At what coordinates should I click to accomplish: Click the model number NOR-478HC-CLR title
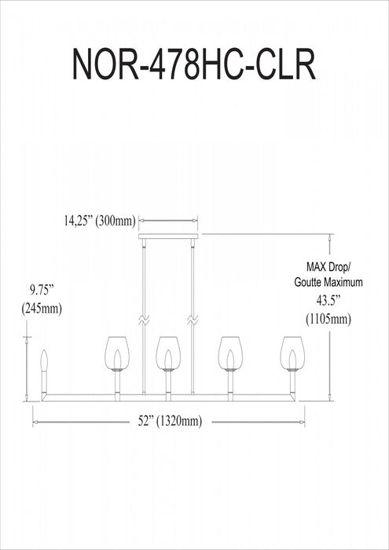194,64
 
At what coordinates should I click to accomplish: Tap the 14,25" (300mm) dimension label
99,222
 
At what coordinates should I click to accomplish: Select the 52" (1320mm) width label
170,421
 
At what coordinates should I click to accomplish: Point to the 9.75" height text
41,291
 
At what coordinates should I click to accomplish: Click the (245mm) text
42,309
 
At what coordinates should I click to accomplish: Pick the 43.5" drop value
328,301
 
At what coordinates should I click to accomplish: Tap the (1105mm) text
328,319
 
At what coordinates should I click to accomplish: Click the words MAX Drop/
328,267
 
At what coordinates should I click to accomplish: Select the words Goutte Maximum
328,282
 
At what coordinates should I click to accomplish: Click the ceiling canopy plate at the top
168,236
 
